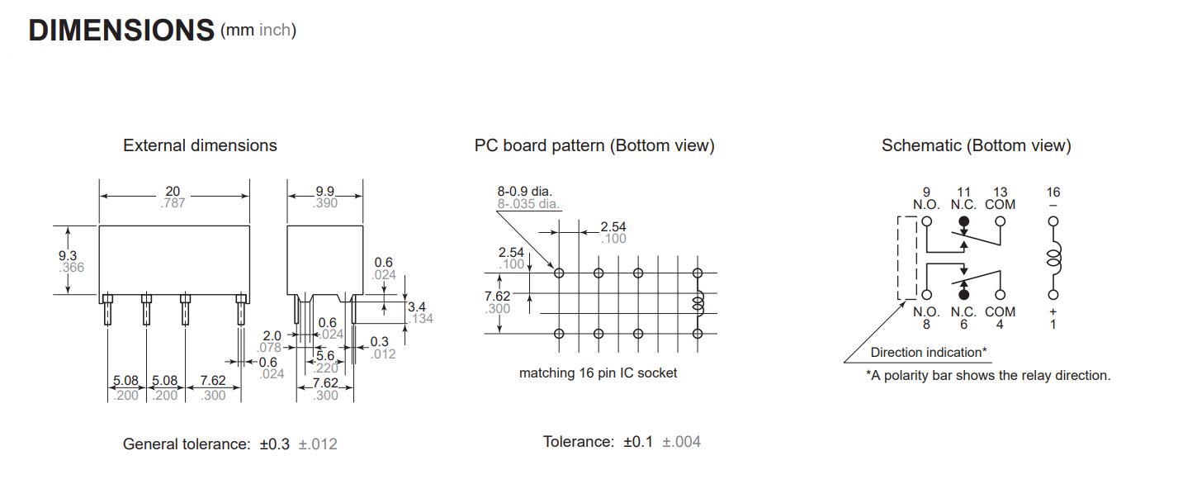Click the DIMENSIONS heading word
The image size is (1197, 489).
[121, 30]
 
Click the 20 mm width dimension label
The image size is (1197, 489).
[173, 192]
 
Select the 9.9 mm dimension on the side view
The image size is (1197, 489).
[325, 192]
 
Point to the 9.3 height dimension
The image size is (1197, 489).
[68, 255]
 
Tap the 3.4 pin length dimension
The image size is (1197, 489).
[417, 306]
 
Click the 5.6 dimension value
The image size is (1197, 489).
[325, 355]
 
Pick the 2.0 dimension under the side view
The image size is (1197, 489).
[272, 335]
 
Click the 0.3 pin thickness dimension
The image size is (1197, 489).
[380, 341]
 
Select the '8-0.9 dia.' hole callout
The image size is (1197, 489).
[525, 192]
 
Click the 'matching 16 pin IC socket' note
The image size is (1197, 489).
[598, 373]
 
